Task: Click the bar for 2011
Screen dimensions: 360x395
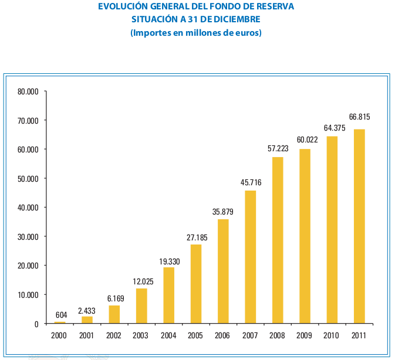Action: pos(359,226)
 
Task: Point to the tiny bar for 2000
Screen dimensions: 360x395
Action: pos(60,322)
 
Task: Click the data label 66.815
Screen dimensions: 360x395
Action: pos(359,117)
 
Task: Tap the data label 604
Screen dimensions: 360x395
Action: pos(61,315)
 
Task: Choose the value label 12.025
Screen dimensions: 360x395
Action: pos(141,281)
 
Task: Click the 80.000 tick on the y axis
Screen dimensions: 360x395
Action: pos(28,91)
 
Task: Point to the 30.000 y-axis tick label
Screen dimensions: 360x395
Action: pos(28,236)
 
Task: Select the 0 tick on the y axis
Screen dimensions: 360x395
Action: pos(36,324)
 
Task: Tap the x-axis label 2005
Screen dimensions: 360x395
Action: pos(196,337)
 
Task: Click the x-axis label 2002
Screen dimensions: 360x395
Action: pos(114,337)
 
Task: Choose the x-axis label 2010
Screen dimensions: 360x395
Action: pos(332,337)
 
